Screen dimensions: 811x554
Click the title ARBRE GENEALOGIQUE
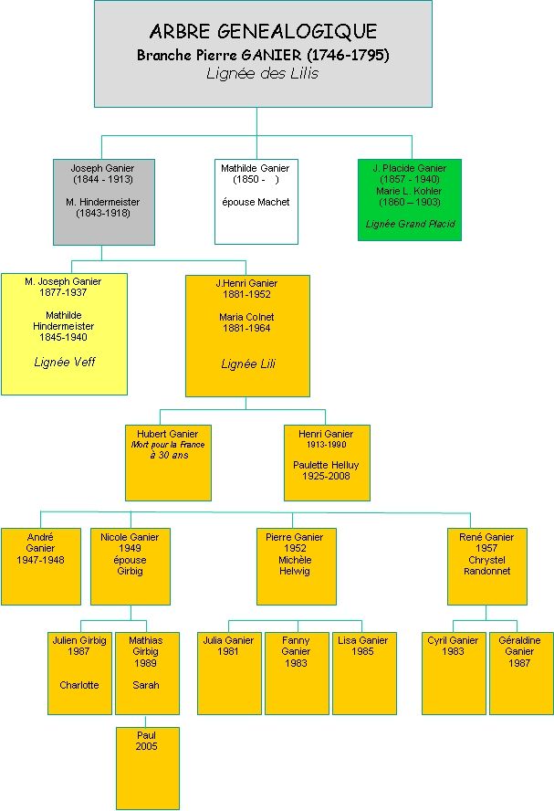coord(263,32)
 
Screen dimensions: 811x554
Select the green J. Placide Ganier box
coord(409,199)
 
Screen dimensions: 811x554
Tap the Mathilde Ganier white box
coord(256,202)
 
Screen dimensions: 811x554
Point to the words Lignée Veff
coord(64,362)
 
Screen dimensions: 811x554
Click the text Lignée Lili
coord(247,363)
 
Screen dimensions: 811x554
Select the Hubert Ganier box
coord(168,462)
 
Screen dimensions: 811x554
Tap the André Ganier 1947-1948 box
coord(40,566)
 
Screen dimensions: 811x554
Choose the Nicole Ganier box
coord(130,566)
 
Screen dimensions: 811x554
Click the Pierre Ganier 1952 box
coord(296,566)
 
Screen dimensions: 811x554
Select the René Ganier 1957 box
coord(486,566)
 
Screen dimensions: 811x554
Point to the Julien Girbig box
coord(79,672)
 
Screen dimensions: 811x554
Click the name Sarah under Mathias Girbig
coord(146,685)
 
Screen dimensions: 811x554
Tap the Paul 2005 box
coord(147,767)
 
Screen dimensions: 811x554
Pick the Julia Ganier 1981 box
coord(228,672)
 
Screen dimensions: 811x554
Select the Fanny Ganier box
coord(297,672)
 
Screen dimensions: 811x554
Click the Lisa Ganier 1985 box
coord(364,672)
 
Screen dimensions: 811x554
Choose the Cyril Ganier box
coord(453,672)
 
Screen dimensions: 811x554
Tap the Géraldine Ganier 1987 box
coord(520,672)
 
